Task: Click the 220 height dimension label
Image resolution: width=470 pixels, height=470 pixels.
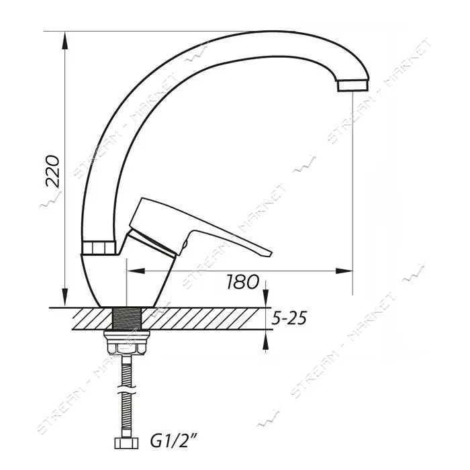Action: [x=52, y=171]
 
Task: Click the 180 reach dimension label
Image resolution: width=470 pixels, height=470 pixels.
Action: [x=242, y=281]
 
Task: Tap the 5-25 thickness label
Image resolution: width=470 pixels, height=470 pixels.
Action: [x=289, y=318]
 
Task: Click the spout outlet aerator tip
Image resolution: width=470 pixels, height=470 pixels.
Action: [x=352, y=85]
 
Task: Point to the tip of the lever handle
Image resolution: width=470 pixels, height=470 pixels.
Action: [x=271, y=254]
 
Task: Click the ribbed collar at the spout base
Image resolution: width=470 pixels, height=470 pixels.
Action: [x=98, y=247]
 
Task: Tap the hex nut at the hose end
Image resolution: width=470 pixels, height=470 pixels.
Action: [x=126, y=443]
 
